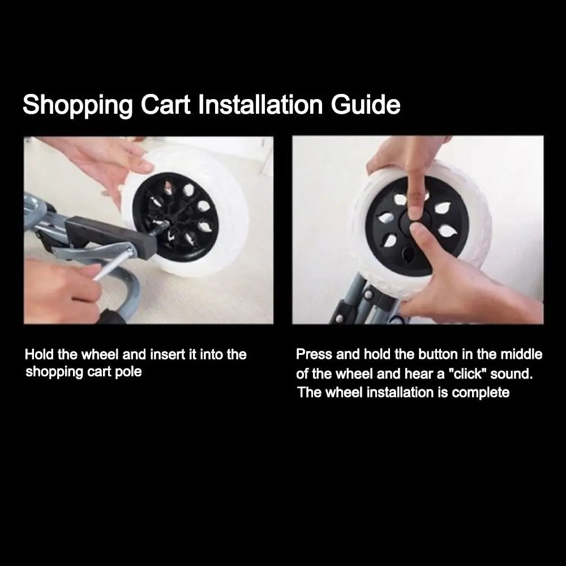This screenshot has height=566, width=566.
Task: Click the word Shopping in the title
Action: [x=78, y=105]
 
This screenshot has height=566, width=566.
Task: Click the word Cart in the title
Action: [x=166, y=105]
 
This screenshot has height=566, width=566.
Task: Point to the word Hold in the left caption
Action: [x=40, y=354]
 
